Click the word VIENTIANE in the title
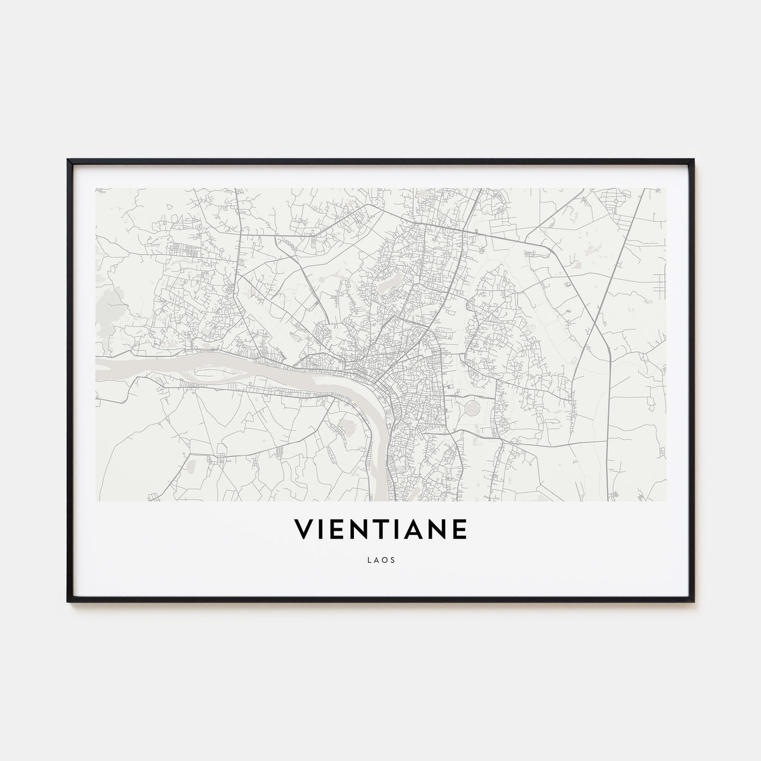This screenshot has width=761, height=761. (x=380, y=529)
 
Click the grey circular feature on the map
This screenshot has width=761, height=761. (x=471, y=407)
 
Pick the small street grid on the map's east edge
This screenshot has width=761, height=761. (x=660, y=280)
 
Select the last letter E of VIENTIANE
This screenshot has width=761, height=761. (x=459, y=529)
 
